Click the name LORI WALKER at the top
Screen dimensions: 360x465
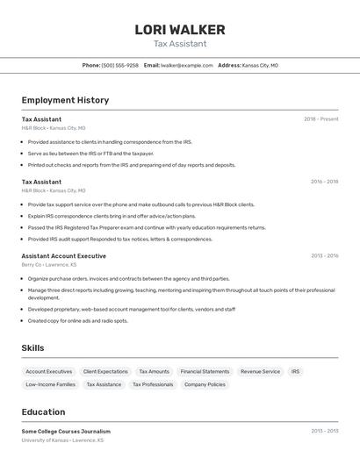pyautogui.click(x=180, y=30)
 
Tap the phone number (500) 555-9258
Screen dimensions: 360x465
pyautogui.click(x=119, y=65)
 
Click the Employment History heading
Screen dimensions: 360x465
pyautogui.click(x=65, y=100)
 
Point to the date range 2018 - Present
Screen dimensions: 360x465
pyautogui.click(x=321, y=118)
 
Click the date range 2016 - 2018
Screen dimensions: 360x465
pyautogui.click(x=324, y=182)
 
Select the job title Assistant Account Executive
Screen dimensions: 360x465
pyautogui.click(x=63, y=256)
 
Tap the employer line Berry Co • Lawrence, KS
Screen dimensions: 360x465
pyautogui.click(x=49, y=264)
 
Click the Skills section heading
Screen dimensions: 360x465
pyautogui.click(x=32, y=348)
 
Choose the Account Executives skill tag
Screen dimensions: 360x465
pyautogui.click(x=49, y=371)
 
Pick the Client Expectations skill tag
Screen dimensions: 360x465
pyautogui.click(x=105, y=371)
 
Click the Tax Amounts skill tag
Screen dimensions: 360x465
pyautogui.click(x=154, y=371)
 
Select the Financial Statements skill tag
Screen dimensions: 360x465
pyautogui.click(x=205, y=371)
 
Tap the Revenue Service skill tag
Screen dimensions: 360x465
pyautogui.click(x=260, y=371)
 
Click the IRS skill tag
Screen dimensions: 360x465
pyautogui.click(x=295, y=371)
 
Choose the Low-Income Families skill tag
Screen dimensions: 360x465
pyautogui.click(x=50, y=384)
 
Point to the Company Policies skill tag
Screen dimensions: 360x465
pyautogui.click(x=205, y=384)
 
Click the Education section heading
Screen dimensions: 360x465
pyautogui.click(x=43, y=411)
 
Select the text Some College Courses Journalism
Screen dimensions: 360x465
pyautogui.click(x=66, y=432)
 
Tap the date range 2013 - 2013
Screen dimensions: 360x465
pyautogui.click(x=324, y=432)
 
